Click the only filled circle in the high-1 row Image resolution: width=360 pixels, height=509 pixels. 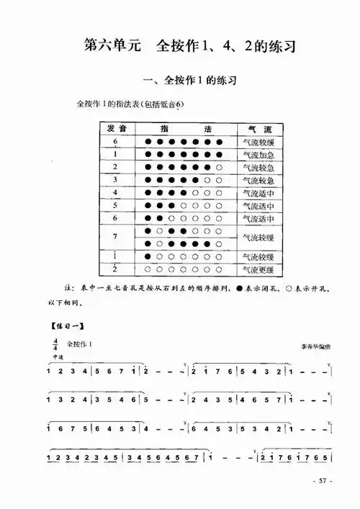point(148,257)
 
